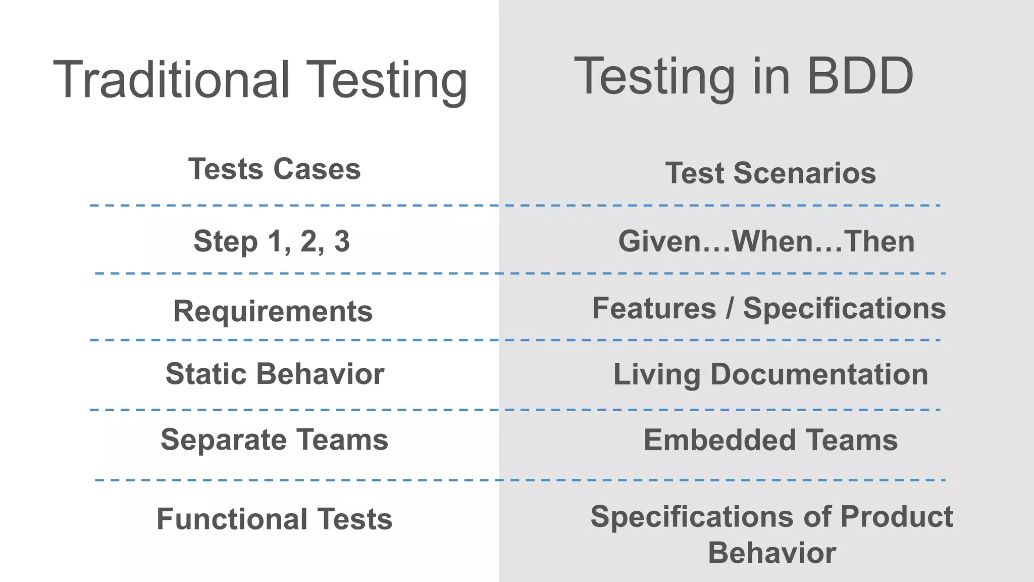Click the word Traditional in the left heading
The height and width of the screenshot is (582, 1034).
172,80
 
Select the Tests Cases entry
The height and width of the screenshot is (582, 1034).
274,169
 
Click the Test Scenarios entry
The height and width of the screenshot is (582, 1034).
770,173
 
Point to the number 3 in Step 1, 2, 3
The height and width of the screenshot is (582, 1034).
342,241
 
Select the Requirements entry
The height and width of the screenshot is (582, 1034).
273,311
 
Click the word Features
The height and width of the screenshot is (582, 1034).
654,308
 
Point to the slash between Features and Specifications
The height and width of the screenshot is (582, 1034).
730,309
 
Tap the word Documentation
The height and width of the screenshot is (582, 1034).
819,375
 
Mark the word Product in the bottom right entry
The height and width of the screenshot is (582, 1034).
896,517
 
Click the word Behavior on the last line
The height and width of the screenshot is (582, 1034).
771,553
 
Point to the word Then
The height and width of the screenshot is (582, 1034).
879,241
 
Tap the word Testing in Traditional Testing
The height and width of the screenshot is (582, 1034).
387,80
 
